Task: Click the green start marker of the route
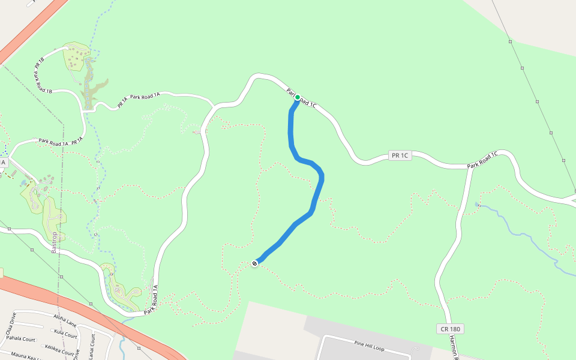click(x=297, y=97)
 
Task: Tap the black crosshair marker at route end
click(x=255, y=263)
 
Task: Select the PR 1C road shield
click(x=400, y=155)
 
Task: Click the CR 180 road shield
click(x=451, y=329)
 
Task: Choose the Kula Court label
click(x=65, y=333)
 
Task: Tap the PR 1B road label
click(x=40, y=62)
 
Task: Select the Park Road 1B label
click(x=43, y=83)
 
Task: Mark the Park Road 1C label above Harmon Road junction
click(x=483, y=160)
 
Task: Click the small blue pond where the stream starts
click(x=478, y=205)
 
